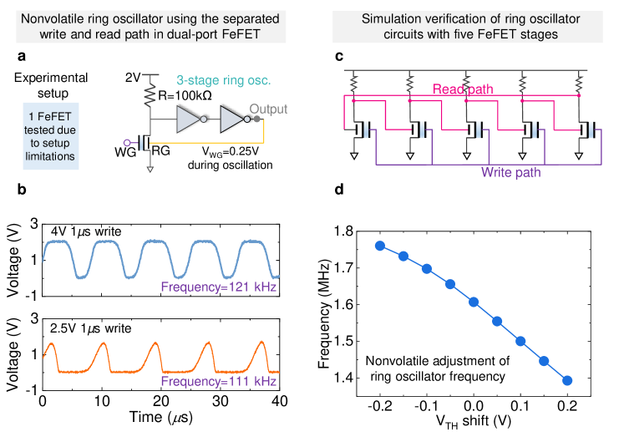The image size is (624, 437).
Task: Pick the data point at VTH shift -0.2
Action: [x=380, y=246]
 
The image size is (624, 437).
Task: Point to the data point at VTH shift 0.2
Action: [x=567, y=380]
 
